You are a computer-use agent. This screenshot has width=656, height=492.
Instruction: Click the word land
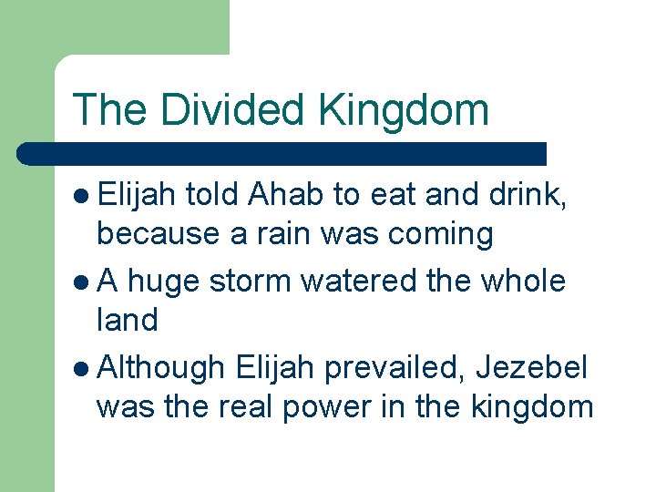pyautogui.click(x=127, y=320)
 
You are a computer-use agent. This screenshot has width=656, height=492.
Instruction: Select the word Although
pyautogui.click(x=160, y=367)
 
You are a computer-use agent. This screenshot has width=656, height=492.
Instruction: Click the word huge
pyautogui.click(x=165, y=282)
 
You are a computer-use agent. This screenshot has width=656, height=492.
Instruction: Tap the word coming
pyautogui.click(x=441, y=235)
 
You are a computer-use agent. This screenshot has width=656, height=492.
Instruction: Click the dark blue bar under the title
pyautogui.click(x=282, y=153)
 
